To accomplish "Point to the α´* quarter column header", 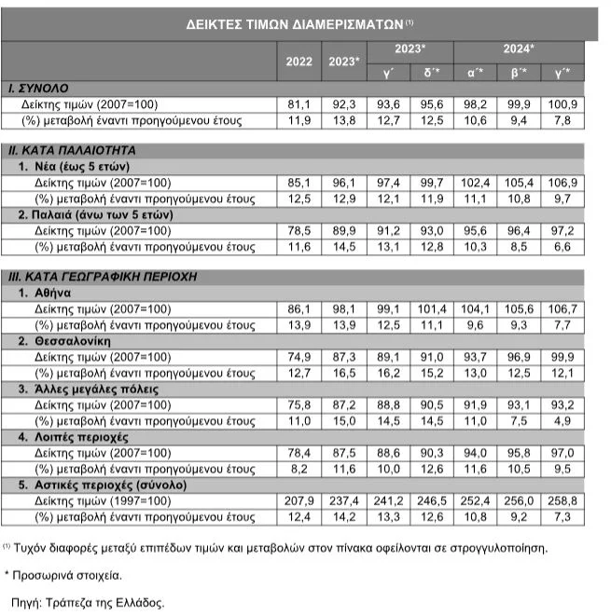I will point(476,71).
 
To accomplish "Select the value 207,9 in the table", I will point(299,500).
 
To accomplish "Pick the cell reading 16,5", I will point(343,373).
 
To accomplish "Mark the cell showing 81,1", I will point(299,104).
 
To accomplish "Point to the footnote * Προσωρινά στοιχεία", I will point(65,574).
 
